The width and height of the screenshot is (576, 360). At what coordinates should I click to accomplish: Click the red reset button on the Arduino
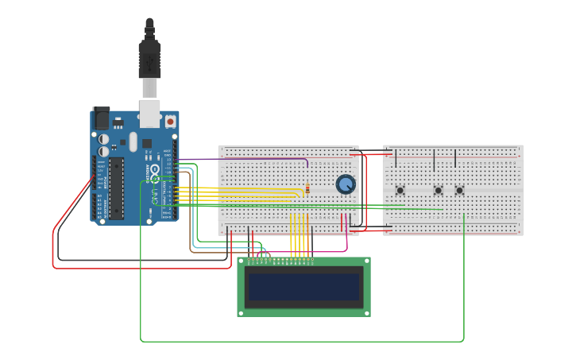click(170, 122)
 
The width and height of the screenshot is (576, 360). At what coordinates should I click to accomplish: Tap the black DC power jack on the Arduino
click(102, 118)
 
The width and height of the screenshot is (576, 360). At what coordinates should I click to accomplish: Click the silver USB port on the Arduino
click(149, 113)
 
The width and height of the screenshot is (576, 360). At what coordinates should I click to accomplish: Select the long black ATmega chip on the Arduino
click(116, 188)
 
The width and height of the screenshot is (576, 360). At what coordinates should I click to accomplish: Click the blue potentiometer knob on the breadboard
click(346, 184)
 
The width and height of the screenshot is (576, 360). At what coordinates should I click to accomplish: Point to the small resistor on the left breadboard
click(307, 188)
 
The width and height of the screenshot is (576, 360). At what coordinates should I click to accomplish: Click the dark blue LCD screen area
click(303, 287)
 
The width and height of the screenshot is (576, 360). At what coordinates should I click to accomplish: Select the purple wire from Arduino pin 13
click(238, 159)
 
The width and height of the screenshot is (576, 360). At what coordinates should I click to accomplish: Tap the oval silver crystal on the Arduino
click(133, 141)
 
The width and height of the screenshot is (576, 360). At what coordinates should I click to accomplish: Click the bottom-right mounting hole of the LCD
click(366, 313)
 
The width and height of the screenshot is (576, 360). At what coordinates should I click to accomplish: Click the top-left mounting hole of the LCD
click(242, 261)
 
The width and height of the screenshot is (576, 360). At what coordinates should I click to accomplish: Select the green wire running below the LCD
click(302, 342)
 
